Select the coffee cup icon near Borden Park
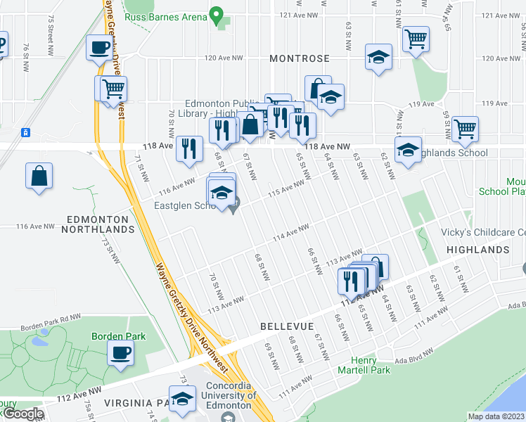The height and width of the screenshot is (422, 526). tap(120, 352)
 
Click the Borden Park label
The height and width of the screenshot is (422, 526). tap(119, 336)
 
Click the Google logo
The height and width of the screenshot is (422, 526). tap(23, 414)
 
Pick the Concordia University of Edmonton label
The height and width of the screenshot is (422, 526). tap(226, 400)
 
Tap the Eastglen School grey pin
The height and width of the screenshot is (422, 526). tap(235, 205)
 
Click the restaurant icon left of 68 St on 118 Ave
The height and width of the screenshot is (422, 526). tap(189, 148)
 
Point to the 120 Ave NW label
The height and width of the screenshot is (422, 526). tap(223, 58)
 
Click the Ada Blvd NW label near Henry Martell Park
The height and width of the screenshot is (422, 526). tap(411, 361)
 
